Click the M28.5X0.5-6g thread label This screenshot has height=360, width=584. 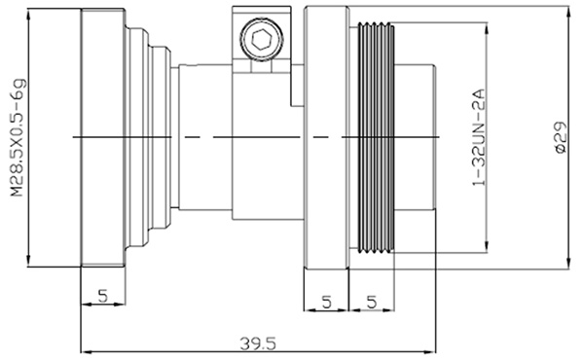tap(18, 137)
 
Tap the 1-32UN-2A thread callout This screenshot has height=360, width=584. tap(479, 137)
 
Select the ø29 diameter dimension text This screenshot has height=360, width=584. tap(561, 137)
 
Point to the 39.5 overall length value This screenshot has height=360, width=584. tap(258, 343)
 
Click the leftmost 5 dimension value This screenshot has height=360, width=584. tap(103, 297)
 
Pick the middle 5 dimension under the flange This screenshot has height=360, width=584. tap(326, 302)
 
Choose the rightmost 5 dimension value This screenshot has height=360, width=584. tap(372, 302)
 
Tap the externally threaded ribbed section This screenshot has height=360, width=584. tap(376, 137)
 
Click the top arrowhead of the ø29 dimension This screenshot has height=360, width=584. tap(568, 11)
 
